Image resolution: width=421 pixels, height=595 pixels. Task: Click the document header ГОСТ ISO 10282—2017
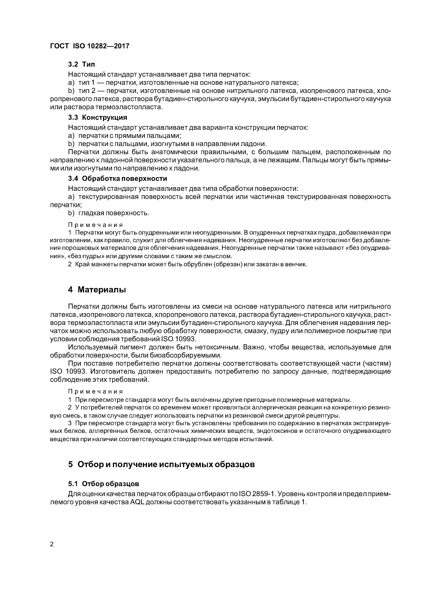(x=89, y=46)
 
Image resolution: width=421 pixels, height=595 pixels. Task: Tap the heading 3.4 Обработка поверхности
(x=117, y=179)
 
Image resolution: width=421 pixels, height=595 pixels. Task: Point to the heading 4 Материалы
(x=97, y=290)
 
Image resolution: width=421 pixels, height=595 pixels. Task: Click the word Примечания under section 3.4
(x=95, y=225)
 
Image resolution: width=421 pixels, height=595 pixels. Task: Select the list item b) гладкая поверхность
(x=109, y=213)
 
